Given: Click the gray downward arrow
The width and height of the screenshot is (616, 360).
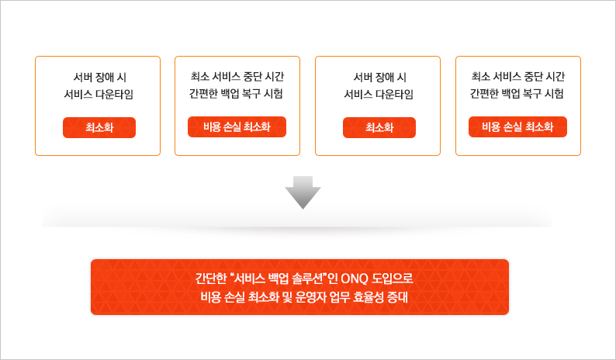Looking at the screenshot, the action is (303, 192).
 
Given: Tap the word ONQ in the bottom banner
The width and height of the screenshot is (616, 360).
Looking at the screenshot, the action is (355, 279).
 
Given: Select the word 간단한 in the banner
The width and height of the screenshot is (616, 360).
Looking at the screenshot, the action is (211, 279).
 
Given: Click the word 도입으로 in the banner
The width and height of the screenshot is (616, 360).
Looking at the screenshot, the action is (392, 279).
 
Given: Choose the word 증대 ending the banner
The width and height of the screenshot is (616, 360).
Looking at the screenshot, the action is (397, 297).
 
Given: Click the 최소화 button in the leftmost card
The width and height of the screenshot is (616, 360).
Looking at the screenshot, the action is (99, 127).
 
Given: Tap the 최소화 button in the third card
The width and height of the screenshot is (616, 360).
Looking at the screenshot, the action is (379, 127).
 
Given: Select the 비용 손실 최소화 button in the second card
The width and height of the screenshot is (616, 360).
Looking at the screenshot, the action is (237, 126).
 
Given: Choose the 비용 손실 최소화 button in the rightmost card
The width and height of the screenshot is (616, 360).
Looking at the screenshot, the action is (517, 126).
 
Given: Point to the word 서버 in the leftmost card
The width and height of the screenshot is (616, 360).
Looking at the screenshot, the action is (82, 78).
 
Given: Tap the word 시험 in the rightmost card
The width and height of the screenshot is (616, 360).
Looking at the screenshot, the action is (554, 94).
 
